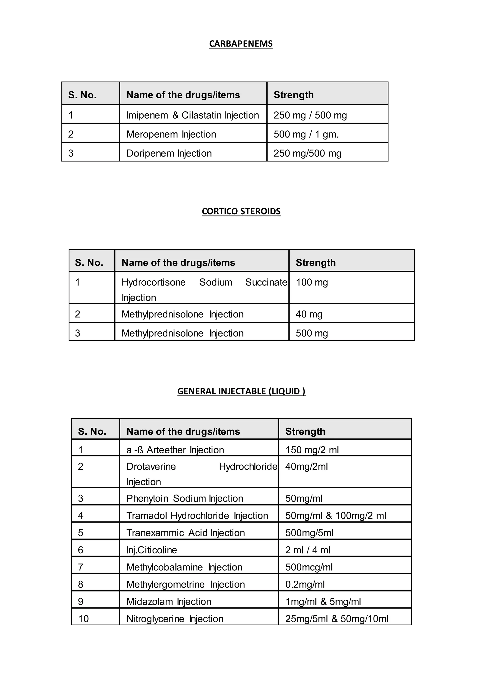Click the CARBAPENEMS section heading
pyautogui.click(x=241, y=44)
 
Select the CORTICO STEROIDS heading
pyautogui.click(x=241, y=211)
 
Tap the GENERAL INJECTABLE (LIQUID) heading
pyautogui.click(x=241, y=391)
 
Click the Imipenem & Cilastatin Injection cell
pyautogui.click(x=192, y=115)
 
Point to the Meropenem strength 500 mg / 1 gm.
pyautogui.click(x=306, y=134)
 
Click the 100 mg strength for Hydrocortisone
pyautogui.click(x=312, y=282)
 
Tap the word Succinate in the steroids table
pyautogui.click(x=266, y=282)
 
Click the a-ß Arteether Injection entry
pyautogui.click(x=175, y=450)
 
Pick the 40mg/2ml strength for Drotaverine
pyautogui.click(x=306, y=466)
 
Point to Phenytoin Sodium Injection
pyautogui.click(x=184, y=498)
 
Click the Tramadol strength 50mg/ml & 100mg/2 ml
pyautogui.click(x=336, y=516)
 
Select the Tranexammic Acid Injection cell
pyautogui.click(x=185, y=533)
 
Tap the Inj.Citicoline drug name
pyautogui.click(x=152, y=550)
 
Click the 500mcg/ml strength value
pyautogui.click(x=309, y=567)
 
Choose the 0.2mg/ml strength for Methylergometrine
pyautogui.click(x=305, y=584)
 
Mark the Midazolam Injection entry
pyautogui.click(x=168, y=601)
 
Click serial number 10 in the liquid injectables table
pyautogui.click(x=83, y=618)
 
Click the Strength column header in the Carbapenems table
pyautogui.click(x=294, y=95)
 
